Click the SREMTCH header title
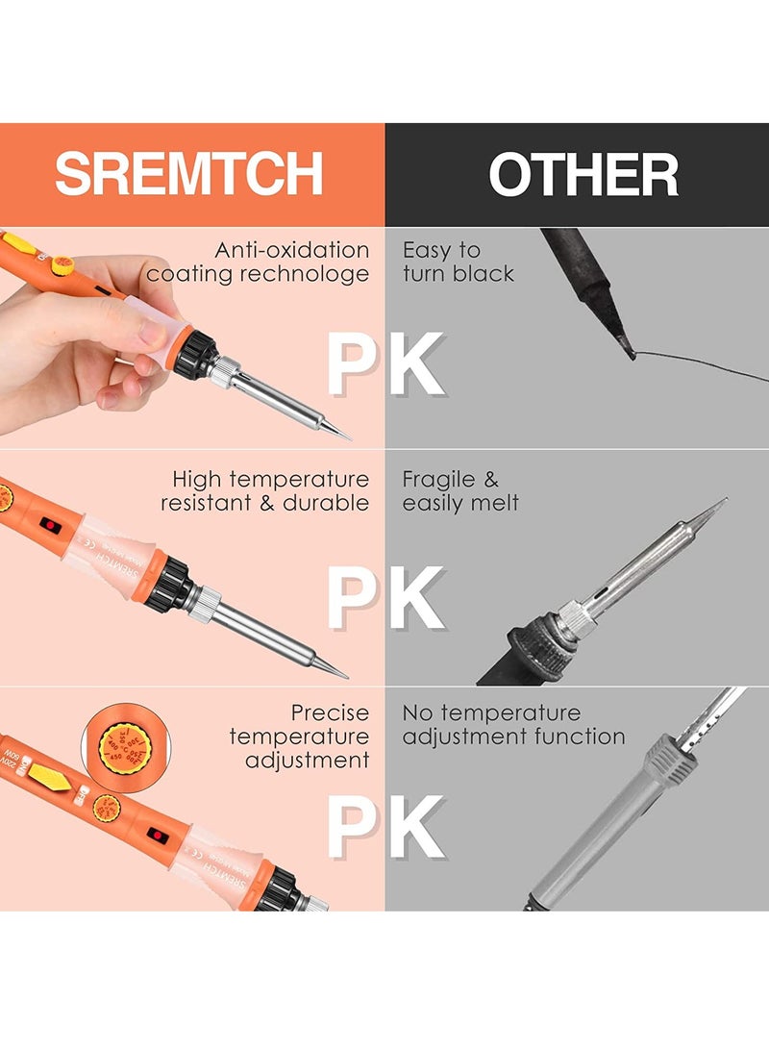click(x=188, y=174)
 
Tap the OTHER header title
click(x=583, y=175)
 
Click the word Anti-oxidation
click(x=292, y=250)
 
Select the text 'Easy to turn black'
click(x=459, y=262)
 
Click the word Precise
click(x=331, y=712)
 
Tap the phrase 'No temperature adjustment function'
click(x=513, y=724)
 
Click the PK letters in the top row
click(x=384, y=365)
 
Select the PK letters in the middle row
click(x=384, y=599)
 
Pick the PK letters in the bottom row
click(x=384, y=827)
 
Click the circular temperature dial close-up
click(x=124, y=746)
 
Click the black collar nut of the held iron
click(x=197, y=353)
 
